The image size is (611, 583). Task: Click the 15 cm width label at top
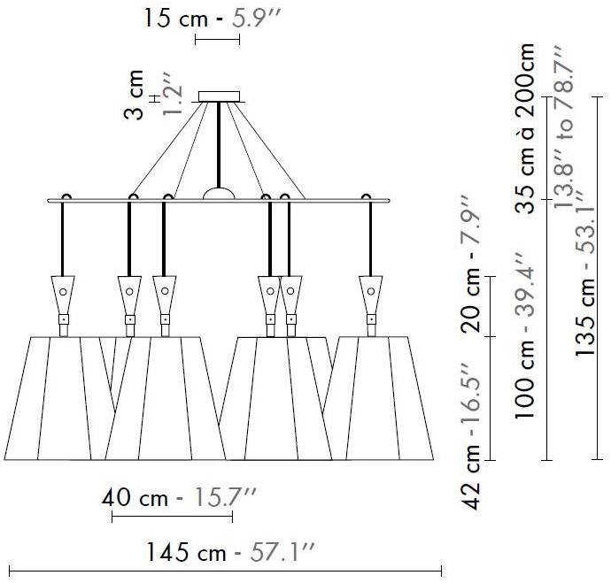(175, 18)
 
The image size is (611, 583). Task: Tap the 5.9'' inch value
(257, 18)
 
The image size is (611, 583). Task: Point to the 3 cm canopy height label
(133, 95)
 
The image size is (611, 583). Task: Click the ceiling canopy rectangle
(219, 96)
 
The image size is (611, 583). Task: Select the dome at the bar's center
(219, 194)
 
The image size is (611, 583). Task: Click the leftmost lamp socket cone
(63, 295)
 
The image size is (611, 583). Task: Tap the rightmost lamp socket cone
(370, 295)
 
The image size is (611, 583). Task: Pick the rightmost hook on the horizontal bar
(366, 196)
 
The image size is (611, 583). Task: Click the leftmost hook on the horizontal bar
(66, 196)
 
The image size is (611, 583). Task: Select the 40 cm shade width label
(135, 498)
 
